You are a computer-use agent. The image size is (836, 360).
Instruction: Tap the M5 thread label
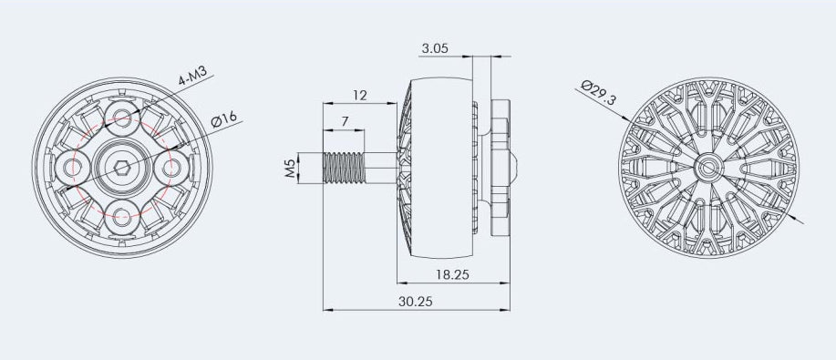(290, 169)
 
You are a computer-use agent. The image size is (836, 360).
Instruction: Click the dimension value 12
(359, 95)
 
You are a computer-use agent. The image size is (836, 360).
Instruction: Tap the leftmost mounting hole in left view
(71, 167)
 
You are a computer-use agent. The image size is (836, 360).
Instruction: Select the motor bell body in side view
(436, 168)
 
